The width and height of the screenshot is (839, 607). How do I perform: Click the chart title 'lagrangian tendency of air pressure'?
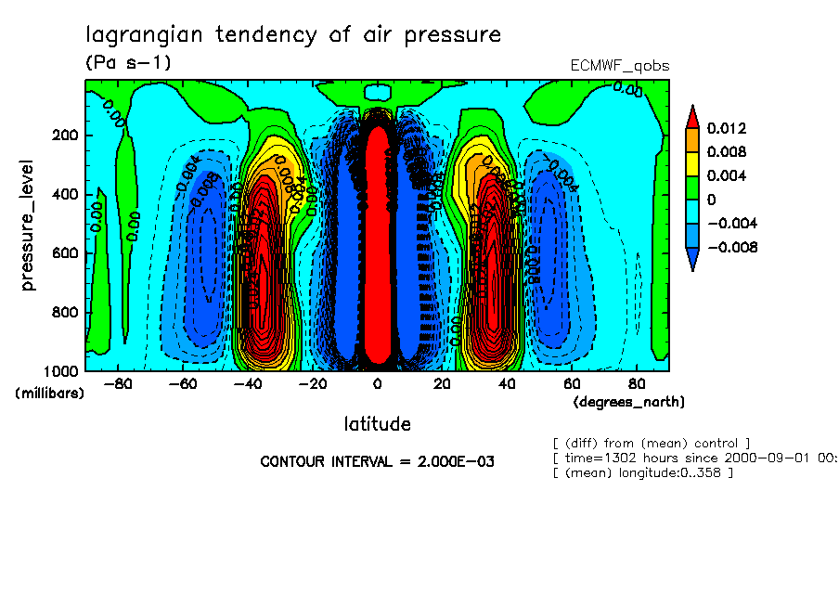293,35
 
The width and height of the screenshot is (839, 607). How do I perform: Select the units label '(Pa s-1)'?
128,62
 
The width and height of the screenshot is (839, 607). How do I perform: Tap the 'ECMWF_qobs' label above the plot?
619,66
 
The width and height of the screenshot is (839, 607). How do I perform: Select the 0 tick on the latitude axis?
377,383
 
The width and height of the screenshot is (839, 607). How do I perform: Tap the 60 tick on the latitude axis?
572,383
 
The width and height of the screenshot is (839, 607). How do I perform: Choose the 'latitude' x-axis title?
377,424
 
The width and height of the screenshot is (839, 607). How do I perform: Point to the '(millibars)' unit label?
50,394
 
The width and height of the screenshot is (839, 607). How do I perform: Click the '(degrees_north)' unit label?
629,402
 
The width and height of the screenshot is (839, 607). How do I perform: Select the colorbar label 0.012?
726,128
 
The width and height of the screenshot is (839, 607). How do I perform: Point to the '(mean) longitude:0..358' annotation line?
642,473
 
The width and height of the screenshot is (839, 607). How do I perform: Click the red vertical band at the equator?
377,251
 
